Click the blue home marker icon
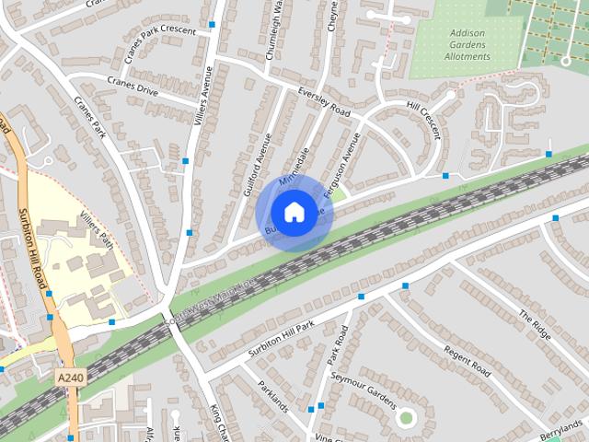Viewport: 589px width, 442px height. (x=293, y=212)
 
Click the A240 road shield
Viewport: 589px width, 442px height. (x=69, y=378)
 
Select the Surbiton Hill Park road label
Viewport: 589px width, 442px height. (x=280, y=340)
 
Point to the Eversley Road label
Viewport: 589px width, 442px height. (x=325, y=101)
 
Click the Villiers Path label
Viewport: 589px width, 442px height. (x=97, y=227)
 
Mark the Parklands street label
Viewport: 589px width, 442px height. (x=273, y=396)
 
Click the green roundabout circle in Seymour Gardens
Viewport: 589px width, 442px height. (x=406, y=419)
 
